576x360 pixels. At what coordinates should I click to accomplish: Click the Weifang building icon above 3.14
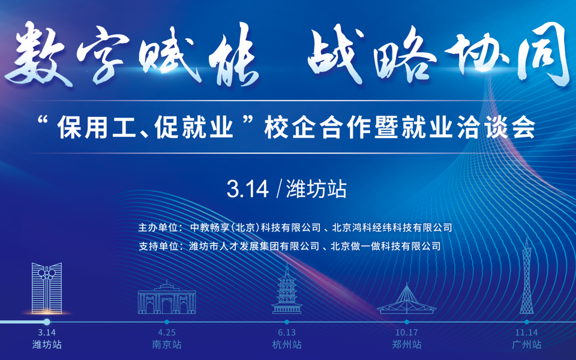[x=47, y=288]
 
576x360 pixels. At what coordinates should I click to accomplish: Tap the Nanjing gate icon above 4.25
[x=167, y=297]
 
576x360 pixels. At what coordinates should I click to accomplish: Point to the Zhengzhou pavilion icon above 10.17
[x=407, y=299]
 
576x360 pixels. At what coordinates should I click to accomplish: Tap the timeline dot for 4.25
[x=167, y=322]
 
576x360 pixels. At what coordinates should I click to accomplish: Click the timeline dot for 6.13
[x=287, y=322]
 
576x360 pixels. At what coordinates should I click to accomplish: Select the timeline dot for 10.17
[x=407, y=322]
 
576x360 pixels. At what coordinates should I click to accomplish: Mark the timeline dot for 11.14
[x=526, y=322]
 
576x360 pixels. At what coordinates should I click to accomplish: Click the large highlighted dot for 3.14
[x=47, y=322]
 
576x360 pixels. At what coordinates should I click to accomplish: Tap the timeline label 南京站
[x=167, y=344]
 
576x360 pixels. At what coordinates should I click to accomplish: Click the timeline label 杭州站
[x=287, y=344]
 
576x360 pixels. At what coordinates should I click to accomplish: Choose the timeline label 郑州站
[x=407, y=344]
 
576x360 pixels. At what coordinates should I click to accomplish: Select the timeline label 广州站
[x=526, y=344]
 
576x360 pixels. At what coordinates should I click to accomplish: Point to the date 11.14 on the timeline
[x=526, y=332]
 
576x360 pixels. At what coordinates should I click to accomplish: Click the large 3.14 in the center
[x=248, y=189]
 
